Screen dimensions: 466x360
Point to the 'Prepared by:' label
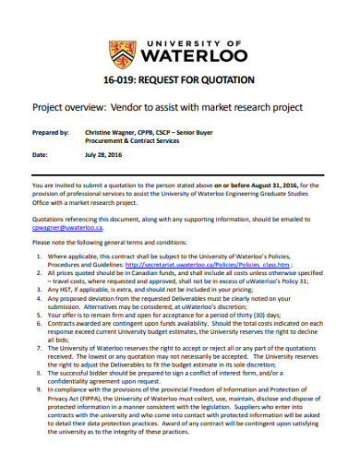tap(50, 132)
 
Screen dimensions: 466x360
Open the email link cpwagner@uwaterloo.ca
tap(74, 226)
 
